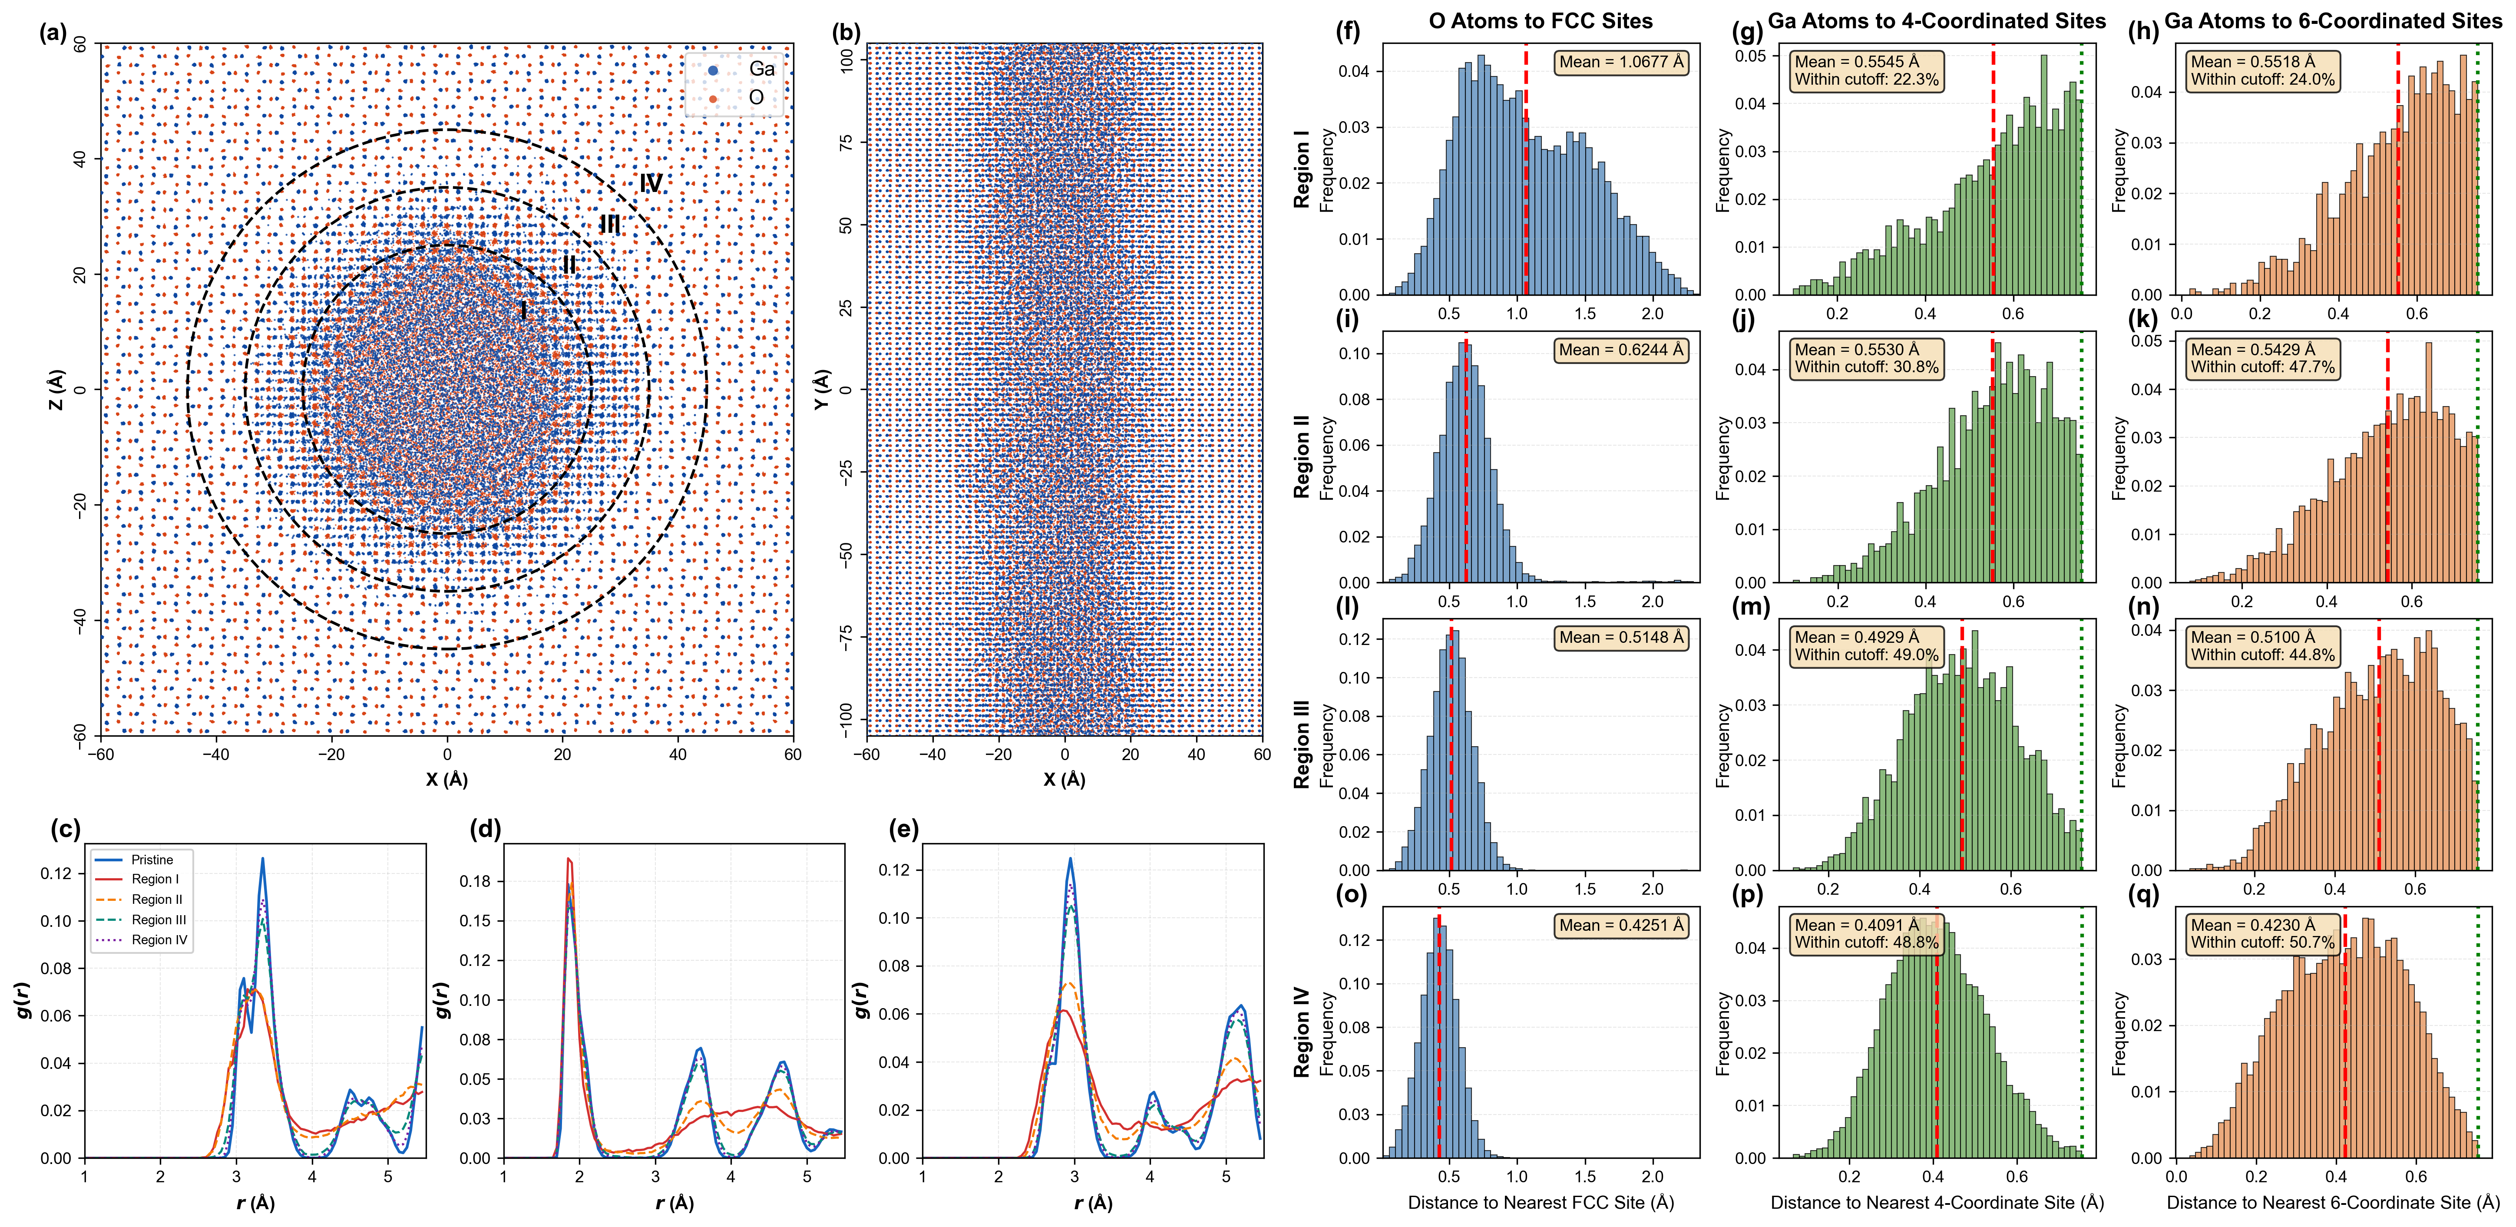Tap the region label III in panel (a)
point(609,225)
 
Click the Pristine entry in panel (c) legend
point(152,860)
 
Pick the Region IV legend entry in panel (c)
point(159,940)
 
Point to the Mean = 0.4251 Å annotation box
point(1621,925)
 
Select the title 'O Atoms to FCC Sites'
point(1540,20)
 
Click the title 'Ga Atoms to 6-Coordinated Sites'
point(2332,20)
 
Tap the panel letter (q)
point(2144,895)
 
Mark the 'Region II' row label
point(1301,456)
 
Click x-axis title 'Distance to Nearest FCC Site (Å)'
point(1540,1203)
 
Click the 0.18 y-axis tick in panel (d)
point(476,881)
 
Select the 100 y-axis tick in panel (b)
point(846,60)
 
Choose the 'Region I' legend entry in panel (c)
point(155,879)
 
